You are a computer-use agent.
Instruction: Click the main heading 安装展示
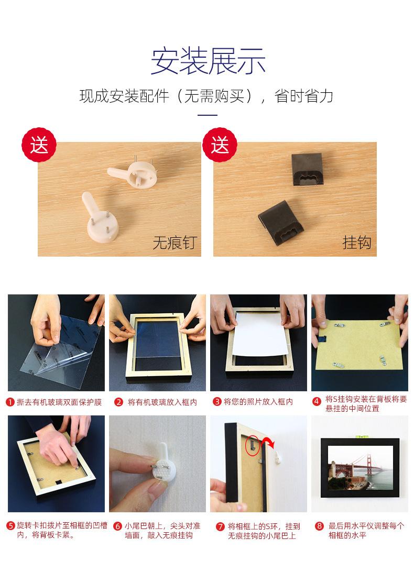(x=208, y=61)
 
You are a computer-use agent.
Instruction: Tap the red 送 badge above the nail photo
(x=39, y=145)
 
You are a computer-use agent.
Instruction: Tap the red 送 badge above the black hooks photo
(x=220, y=145)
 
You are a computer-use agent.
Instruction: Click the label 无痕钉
(x=175, y=243)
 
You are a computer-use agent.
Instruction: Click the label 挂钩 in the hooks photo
(x=357, y=243)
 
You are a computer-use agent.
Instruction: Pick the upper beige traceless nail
(x=133, y=172)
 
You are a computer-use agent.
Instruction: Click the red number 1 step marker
(x=10, y=402)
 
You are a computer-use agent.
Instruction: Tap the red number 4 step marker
(x=317, y=401)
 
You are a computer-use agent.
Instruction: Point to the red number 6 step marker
(x=118, y=526)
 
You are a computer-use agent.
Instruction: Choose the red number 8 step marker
(x=319, y=526)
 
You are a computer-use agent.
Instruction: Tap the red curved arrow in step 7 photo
(x=268, y=442)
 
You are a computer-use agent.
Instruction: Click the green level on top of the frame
(x=360, y=437)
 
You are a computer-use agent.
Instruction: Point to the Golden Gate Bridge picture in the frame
(x=361, y=468)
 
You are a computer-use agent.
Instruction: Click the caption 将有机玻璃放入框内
(x=162, y=402)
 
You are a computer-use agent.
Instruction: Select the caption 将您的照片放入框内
(x=258, y=402)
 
